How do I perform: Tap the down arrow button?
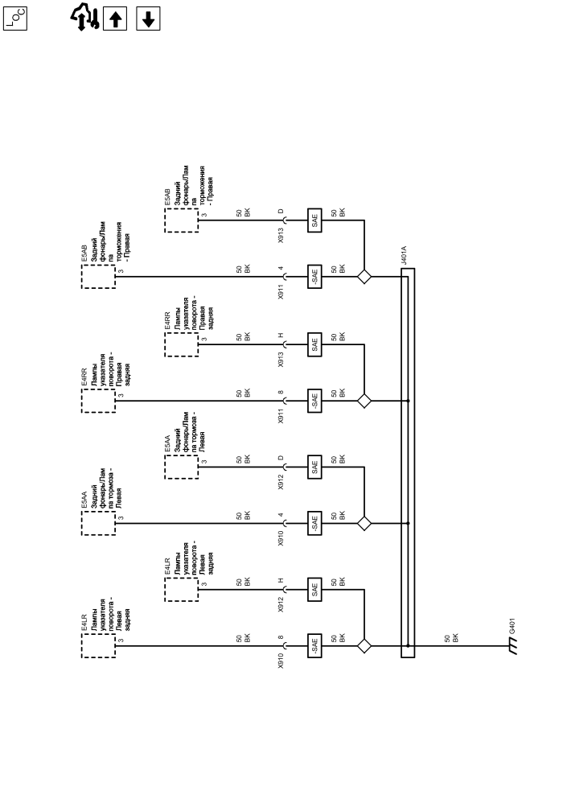(147, 19)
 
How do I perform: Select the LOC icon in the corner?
(16, 19)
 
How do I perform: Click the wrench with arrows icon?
(83, 17)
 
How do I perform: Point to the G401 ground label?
(512, 625)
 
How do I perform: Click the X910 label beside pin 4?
(281, 538)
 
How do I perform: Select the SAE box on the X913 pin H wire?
(314, 344)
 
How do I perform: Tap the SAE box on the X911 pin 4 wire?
(314, 277)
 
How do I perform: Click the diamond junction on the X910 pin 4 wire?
(364, 523)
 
